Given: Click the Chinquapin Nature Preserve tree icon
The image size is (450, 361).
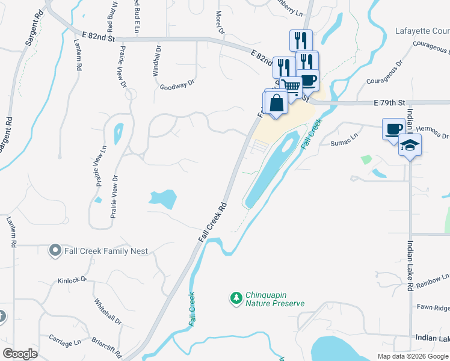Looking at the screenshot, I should [x=236, y=297].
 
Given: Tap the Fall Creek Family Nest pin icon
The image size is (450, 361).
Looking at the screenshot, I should [x=55, y=250].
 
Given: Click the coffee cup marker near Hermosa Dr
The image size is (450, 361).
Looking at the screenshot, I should [x=394, y=129].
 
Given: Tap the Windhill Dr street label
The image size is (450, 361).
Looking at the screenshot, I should [x=156, y=61].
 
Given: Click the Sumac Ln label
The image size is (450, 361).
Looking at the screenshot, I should [x=344, y=143].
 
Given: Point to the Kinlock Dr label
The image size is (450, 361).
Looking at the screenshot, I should [x=72, y=280].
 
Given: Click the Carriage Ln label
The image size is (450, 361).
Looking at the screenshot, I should [x=64, y=342].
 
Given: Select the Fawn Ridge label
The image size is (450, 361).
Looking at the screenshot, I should [x=433, y=307].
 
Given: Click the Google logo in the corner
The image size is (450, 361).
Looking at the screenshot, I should [x=20, y=354].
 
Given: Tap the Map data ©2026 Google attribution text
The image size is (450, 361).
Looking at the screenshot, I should [x=412, y=356].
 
